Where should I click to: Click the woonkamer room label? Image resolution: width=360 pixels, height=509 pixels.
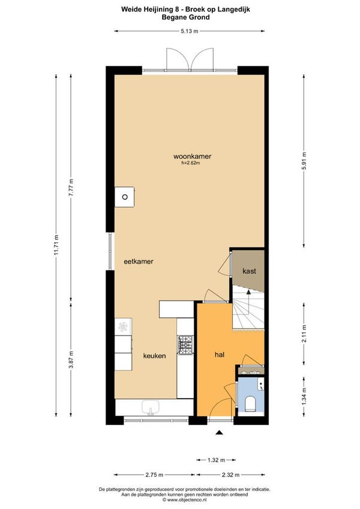pos(192,156)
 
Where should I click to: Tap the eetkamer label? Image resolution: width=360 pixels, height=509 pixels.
pos(139,261)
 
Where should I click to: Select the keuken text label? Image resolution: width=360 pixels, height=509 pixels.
pos(155,356)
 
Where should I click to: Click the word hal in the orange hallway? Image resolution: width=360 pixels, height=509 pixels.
pos(220,354)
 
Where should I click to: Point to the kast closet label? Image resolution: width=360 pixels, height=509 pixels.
pos(249,271)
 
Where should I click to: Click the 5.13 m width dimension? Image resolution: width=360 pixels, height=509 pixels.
pos(189,31)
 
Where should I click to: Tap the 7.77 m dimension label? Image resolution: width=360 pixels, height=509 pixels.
pos(71,186)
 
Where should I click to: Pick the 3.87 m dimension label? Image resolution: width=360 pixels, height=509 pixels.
pos(71,359)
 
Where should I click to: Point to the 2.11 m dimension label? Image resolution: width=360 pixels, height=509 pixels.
pos(304,333)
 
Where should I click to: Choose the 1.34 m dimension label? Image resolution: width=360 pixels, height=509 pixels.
pos(304,396)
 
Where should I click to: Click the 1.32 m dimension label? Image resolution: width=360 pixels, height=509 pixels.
pos(216,460)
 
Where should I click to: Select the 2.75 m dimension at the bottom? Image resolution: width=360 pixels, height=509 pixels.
pos(154,475)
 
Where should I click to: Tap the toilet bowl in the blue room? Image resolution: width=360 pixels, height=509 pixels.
pos(251,403)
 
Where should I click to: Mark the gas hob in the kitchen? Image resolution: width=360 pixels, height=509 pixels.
pos(185,345)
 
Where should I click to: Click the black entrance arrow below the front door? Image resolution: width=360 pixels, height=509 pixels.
pos(220,432)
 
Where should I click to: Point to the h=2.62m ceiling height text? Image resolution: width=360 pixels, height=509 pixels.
pos(191,163)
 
